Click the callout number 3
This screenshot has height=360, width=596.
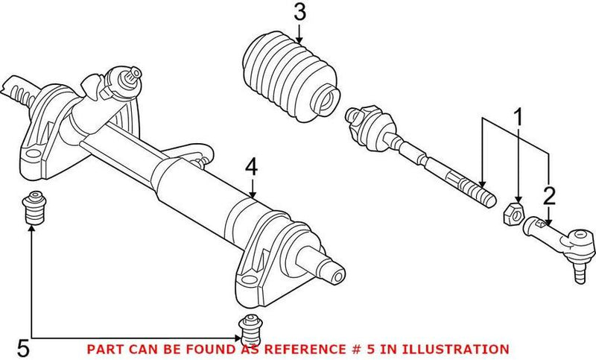point(299,13)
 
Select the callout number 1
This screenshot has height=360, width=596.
point(516,116)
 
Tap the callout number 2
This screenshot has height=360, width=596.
point(550,196)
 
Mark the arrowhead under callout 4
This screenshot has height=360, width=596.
point(252,195)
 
